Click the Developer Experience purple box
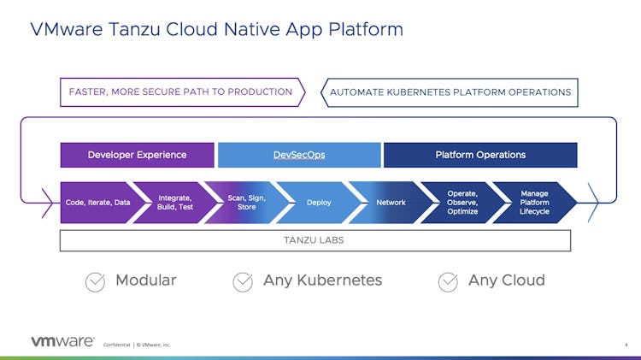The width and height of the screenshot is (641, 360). (137, 155)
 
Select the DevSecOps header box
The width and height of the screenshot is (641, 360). (299, 155)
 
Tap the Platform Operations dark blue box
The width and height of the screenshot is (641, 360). (480, 155)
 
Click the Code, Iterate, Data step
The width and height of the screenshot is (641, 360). (97, 203)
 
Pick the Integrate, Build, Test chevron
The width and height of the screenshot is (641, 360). (174, 203)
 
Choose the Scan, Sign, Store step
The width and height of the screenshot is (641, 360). (246, 203)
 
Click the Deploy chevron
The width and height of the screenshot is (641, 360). (319, 203)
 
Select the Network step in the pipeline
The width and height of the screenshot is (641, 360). (391, 203)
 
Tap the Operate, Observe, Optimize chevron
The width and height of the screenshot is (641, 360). (462, 203)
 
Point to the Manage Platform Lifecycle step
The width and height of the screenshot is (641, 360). (534, 203)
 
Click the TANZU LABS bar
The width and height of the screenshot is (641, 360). (315, 240)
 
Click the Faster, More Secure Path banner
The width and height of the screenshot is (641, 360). (181, 91)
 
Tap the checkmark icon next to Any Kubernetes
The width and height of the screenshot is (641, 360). (243, 281)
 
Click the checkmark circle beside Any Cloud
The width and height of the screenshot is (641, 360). (448, 281)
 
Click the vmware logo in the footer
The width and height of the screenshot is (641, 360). (62, 341)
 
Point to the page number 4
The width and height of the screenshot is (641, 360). (626, 345)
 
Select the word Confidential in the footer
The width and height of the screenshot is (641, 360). (116, 345)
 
